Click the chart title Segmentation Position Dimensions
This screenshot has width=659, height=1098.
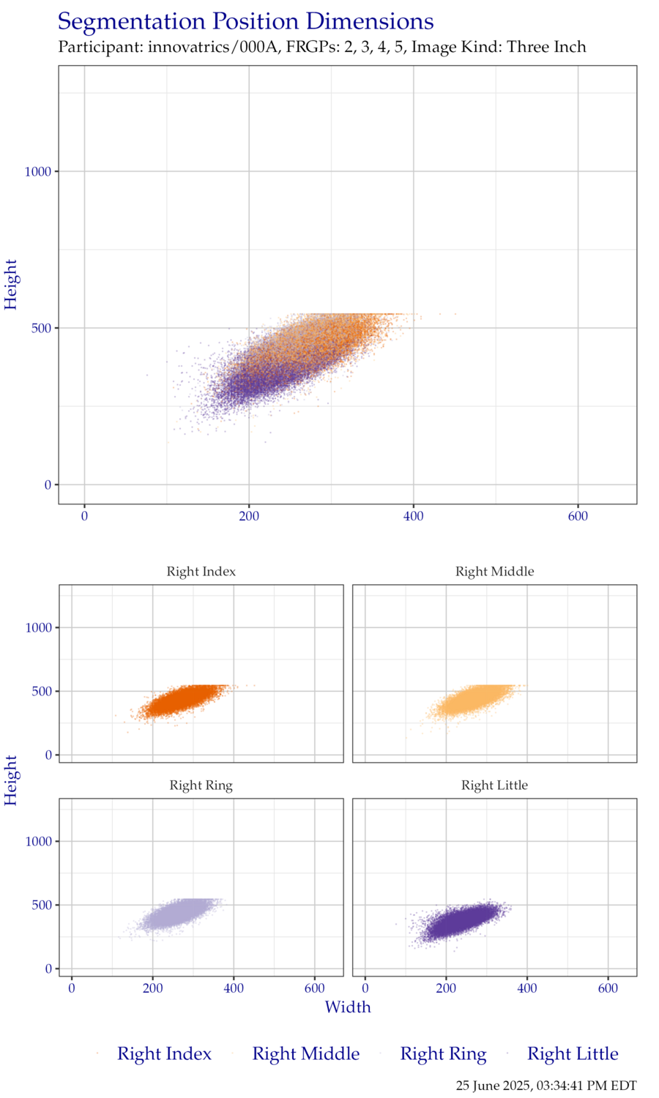(245, 22)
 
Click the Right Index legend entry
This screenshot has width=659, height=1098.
(164, 1054)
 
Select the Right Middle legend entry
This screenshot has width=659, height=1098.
(305, 1054)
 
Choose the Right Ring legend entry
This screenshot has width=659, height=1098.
(442, 1054)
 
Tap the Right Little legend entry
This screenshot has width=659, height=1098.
(573, 1054)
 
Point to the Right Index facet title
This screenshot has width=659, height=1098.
(201, 572)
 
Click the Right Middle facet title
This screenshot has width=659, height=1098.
(494, 572)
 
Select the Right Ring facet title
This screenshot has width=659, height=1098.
(201, 785)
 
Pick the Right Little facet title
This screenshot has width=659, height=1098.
(494, 785)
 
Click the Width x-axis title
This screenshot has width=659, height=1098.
(348, 1007)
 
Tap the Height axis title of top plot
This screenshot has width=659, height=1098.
(12, 284)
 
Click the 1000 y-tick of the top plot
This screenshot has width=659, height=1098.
(38, 172)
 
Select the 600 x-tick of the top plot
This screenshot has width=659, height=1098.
(578, 517)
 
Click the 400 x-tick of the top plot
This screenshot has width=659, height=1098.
(414, 517)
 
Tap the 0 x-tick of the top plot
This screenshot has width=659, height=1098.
(85, 517)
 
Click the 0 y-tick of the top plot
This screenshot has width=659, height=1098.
(48, 485)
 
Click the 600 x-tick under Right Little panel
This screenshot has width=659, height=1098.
(608, 989)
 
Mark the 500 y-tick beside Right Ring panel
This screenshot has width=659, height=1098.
(42, 905)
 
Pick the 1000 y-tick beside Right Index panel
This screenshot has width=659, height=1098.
(38, 628)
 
